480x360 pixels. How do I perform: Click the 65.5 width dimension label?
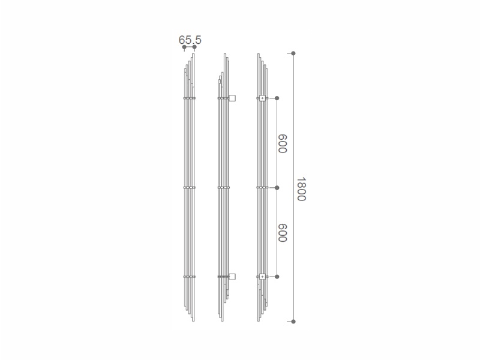click(190, 40)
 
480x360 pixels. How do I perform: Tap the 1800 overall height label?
click(302, 189)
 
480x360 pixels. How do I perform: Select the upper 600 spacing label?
click(282, 143)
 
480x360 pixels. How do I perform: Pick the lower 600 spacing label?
click(282, 233)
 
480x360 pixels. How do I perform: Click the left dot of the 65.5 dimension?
click(184, 47)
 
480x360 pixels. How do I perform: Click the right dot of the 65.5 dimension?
click(194, 47)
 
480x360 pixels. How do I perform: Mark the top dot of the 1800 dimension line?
click(293, 53)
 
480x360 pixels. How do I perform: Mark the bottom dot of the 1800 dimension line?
click(293, 322)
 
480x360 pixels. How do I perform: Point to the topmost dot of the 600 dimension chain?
click(277, 98)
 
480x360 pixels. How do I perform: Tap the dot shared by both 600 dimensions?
click(277, 187)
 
